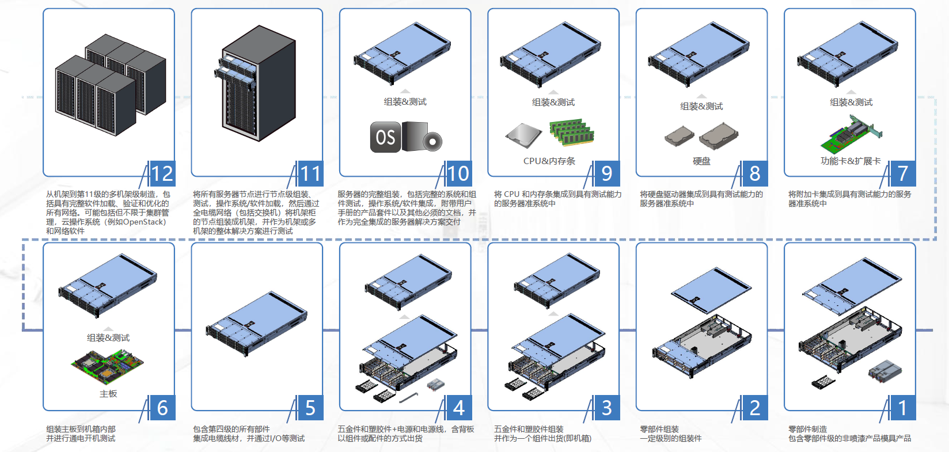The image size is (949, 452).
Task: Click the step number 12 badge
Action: tap(162, 174)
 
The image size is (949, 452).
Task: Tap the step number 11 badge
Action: tap(310, 174)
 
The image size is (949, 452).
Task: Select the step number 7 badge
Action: tap(903, 174)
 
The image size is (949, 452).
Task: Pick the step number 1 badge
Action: tap(903, 408)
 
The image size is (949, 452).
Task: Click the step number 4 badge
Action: tap(458, 408)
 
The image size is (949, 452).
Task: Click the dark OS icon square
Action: tap(385, 137)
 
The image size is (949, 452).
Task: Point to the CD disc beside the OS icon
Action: tap(432, 140)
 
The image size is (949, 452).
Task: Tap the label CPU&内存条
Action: tap(549, 161)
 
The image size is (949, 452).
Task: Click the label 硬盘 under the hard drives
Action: tap(701, 161)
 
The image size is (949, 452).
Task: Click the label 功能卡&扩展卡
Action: tap(850, 161)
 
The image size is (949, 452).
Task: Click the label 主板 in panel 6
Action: tap(108, 394)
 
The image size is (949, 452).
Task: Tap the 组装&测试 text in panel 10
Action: tap(405, 102)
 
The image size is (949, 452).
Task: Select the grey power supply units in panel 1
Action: tap(885, 370)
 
